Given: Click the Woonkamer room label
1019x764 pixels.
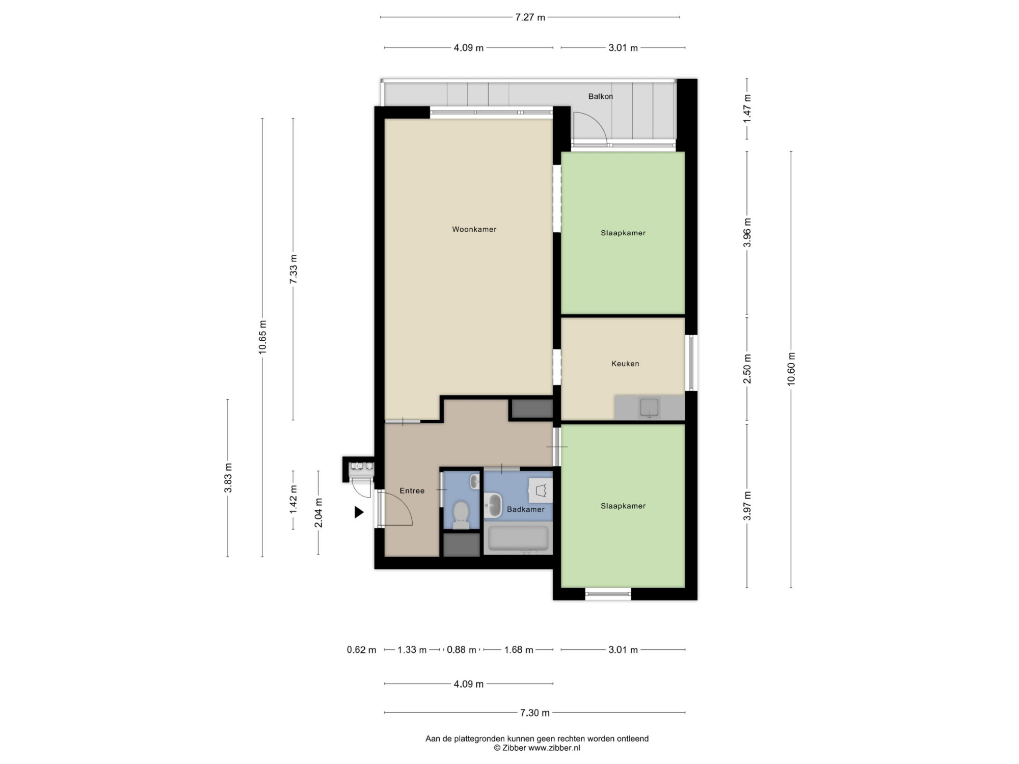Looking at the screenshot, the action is pos(474,229).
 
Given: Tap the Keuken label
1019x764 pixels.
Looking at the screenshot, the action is pos(625,364).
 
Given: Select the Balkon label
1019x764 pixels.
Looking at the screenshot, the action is pos(601,96).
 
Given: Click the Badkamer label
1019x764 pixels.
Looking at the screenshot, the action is pos(525,509).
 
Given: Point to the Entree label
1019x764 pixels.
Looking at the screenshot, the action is pos(412,491).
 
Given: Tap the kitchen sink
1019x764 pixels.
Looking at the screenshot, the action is pos(649,408).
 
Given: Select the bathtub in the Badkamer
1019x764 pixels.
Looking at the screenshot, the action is pos(518,539).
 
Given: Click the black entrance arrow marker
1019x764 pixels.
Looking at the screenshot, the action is pos(359,512).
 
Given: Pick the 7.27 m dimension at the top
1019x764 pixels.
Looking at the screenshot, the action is pos(530,17).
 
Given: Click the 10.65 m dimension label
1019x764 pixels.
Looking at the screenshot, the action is pos(262,337).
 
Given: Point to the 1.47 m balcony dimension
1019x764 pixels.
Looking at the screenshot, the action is pos(747,108).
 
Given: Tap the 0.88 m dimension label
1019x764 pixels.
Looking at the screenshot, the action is pos(462,650).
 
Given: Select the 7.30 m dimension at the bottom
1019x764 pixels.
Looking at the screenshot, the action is pos(534,713).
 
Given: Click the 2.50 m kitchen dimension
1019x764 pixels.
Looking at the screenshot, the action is pos(747,369).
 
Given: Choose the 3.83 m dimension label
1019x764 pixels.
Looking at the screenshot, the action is pos(228,478).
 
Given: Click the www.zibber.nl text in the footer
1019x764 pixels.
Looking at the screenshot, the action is pos(554,748).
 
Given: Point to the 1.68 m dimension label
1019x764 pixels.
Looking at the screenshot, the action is pos(519,650).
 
